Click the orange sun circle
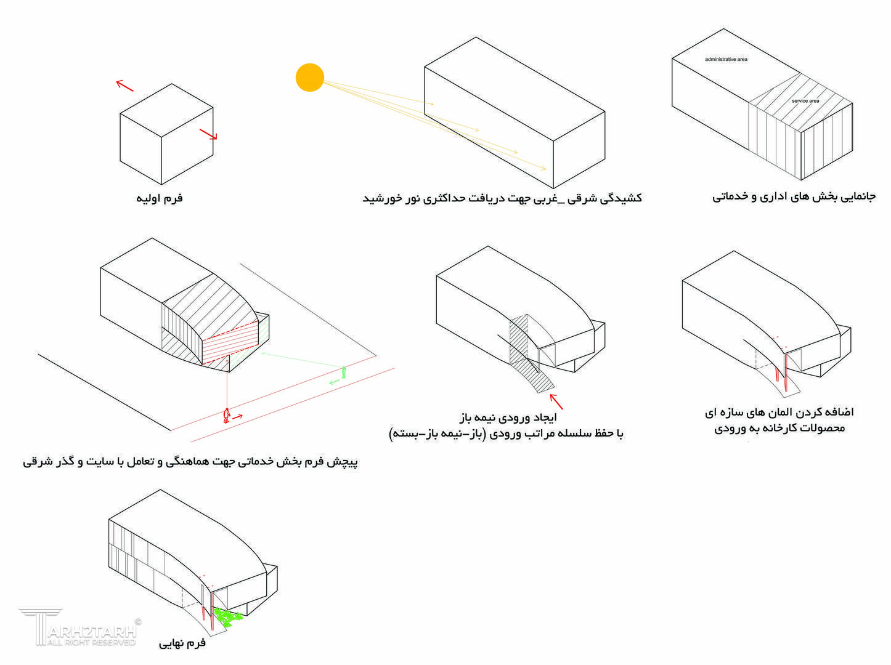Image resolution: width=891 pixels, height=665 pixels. click(309, 78)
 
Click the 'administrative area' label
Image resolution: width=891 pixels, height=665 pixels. click(726, 60)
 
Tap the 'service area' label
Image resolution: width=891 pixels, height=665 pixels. click(805, 101)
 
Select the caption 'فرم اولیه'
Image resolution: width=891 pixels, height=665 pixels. click(160, 198)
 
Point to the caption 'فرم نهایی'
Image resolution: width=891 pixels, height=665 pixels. click(182, 643)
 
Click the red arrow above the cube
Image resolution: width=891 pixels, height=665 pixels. click(125, 86)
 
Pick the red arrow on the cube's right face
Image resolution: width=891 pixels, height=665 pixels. click(208, 134)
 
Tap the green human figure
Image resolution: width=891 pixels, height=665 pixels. click(343, 372)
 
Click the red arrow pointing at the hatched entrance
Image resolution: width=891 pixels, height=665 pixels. click(556, 401)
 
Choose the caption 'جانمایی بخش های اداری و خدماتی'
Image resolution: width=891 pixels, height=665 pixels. click(794, 197)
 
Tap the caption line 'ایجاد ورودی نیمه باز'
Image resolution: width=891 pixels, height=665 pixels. click(507, 419)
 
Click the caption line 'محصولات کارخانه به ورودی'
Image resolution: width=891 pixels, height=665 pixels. click(779, 428)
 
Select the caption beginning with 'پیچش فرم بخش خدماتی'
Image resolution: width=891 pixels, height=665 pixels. click(190, 462)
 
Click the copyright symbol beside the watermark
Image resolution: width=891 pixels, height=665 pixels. click(138, 622)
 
